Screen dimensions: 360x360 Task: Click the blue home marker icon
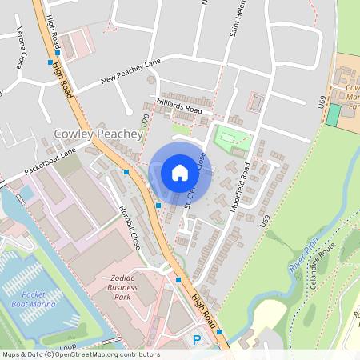[x=180, y=172]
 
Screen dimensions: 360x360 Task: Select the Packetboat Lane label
[x=50, y=159]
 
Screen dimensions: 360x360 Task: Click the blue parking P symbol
[x=197, y=341]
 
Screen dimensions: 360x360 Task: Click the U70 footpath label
[x=145, y=121]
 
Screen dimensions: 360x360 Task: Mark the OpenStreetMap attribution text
[x=80, y=354]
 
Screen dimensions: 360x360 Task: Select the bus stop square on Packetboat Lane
[x=126, y=171]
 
